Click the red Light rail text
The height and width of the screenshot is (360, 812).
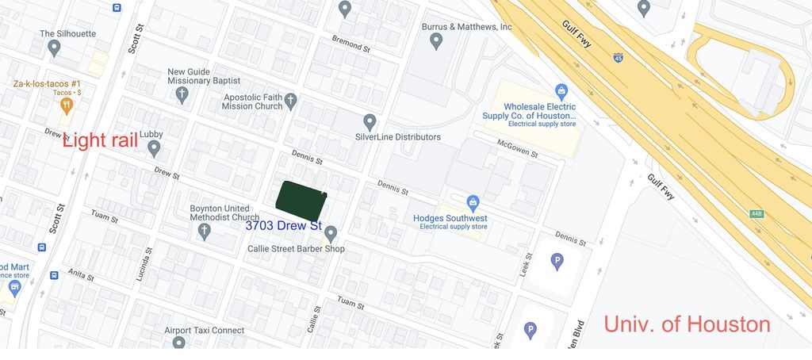coord(100,140)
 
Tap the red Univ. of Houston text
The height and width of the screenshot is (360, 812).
coord(687,324)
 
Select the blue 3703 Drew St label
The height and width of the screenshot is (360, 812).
coord(283,226)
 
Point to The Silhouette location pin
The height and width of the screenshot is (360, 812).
coord(54,48)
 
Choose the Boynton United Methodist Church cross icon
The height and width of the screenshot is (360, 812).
coord(204,232)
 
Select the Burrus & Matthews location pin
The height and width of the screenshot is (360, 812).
coord(435,41)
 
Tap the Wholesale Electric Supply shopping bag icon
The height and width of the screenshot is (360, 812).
coord(561,91)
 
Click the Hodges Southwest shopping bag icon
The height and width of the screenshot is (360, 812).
coord(473,203)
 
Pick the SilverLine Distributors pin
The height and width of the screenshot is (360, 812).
coord(370,122)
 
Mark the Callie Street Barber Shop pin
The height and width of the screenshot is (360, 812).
coord(331,233)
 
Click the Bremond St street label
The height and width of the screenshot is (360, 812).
coord(350,48)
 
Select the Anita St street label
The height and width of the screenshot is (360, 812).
coord(80,278)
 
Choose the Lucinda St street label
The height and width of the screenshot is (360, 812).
coord(147,259)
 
